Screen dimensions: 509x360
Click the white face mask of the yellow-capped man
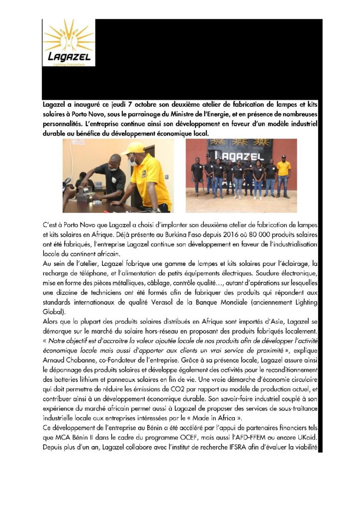click(134, 161)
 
